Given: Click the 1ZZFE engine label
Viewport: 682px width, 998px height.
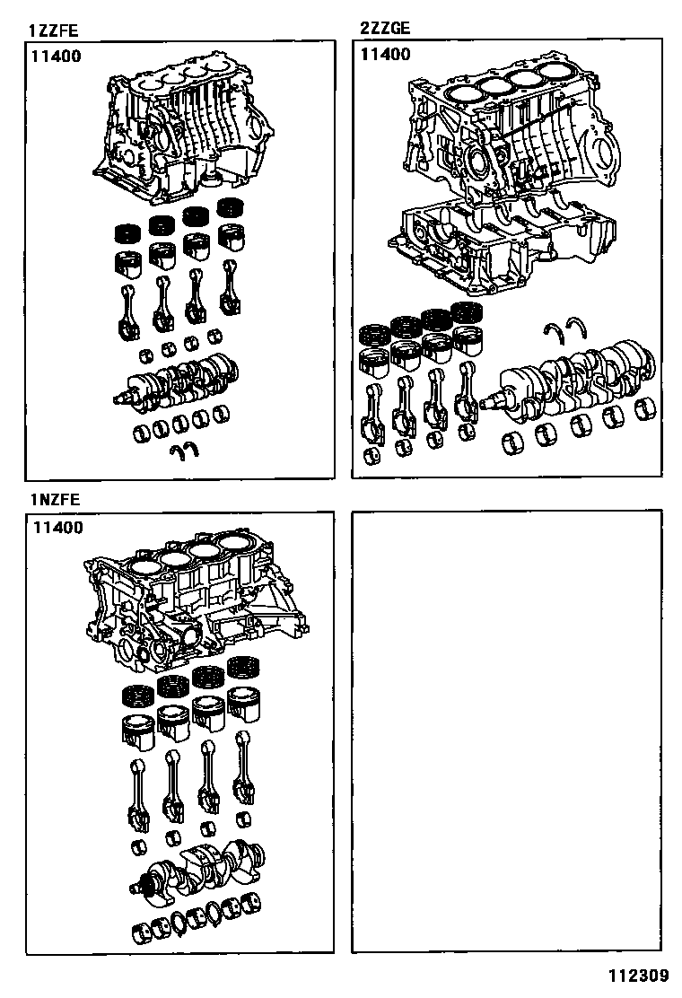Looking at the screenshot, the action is point(50,31).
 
